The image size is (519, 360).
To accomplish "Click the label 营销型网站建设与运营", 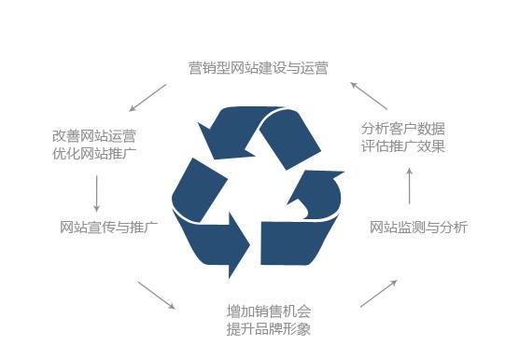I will coord(257,67).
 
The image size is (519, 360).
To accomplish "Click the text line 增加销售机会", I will coord(269,311).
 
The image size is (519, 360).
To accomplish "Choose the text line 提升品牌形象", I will coord(269,329).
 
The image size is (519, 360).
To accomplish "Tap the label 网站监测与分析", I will coord(418,227).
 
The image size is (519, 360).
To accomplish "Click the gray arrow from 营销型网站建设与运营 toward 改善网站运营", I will coord(147,97).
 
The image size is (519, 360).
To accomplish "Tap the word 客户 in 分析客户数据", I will coord(402,128).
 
